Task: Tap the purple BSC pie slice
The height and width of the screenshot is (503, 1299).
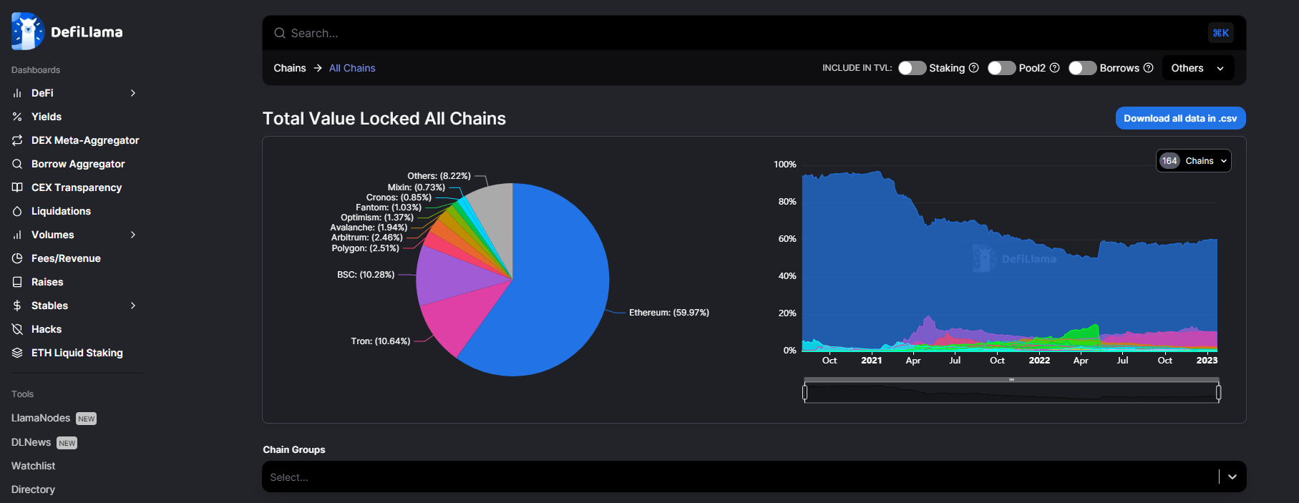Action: [447, 275]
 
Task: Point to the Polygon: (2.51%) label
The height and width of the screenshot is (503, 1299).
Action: [365, 248]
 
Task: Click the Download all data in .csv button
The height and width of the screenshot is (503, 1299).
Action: [1180, 119]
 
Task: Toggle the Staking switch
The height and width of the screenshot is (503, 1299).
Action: [912, 68]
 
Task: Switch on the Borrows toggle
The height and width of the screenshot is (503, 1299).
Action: [1082, 68]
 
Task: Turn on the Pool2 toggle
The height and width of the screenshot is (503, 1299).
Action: [1001, 68]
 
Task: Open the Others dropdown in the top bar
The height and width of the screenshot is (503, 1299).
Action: [1197, 68]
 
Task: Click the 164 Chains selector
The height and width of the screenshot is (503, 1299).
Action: [1193, 161]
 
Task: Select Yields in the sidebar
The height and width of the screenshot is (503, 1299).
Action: [47, 117]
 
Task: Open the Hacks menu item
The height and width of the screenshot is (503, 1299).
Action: [47, 329]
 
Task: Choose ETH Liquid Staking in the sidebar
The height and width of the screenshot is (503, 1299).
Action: [77, 353]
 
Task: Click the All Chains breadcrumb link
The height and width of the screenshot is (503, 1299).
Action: [352, 68]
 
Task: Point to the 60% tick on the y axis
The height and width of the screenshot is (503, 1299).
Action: [787, 239]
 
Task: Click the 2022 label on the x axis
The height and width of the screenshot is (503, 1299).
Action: [1039, 361]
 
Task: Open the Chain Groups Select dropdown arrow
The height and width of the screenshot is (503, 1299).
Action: [1232, 477]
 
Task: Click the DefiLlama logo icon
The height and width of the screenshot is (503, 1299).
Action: [27, 31]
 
